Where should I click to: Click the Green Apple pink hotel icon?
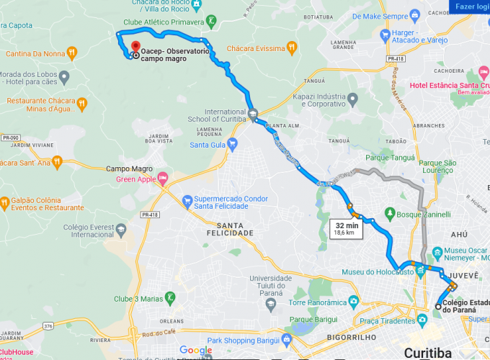(162, 178)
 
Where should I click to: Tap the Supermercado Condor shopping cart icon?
(187, 199)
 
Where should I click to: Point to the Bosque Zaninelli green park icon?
(389, 214)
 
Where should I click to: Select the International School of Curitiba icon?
(252, 114)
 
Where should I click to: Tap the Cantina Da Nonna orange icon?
(71, 53)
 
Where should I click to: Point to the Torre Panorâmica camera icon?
(353, 301)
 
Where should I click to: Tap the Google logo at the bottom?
(196, 351)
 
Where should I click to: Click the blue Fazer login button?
(470, 6)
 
